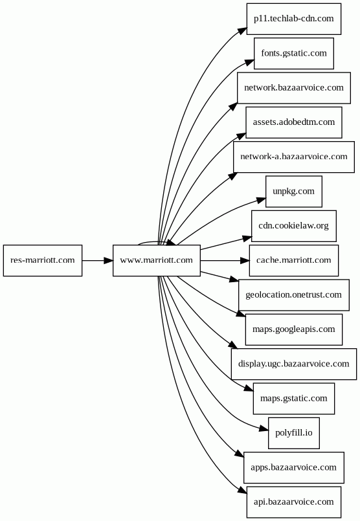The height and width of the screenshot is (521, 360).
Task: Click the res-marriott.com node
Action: pos(43,260)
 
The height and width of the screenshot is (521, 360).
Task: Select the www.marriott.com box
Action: pos(157,260)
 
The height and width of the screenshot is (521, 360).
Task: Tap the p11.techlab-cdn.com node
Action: pos(294,19)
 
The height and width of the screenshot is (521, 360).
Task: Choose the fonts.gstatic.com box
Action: pos(294,54)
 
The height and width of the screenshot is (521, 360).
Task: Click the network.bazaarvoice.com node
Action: pos(294,88)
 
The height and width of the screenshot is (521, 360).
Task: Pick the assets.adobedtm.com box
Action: pos(294,122)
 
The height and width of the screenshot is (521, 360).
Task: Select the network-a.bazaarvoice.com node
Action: pos(294,157)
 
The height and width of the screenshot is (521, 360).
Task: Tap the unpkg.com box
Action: pos(294,192)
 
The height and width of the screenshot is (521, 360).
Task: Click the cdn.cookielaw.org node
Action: pos(294,226)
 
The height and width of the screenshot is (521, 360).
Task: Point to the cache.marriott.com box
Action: pos(294,260)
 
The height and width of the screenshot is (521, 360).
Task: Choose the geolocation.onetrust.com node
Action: pos(294,295)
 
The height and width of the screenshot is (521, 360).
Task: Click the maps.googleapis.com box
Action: pos(294,329)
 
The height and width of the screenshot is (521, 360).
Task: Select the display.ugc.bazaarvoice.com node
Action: pos(294,364)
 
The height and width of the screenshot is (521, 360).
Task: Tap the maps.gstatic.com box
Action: pos(294,399)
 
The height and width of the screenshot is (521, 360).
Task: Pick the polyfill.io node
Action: pos(294,433)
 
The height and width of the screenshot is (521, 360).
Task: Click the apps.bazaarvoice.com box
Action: pos(294,467)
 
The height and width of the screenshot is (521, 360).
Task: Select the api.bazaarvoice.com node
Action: pos(294,502)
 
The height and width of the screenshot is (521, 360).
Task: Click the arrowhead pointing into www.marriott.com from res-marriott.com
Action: pos(108,260)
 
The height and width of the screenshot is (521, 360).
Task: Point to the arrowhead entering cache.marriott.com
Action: pos(245,260)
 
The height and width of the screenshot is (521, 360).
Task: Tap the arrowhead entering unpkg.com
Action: pos(262,201)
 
